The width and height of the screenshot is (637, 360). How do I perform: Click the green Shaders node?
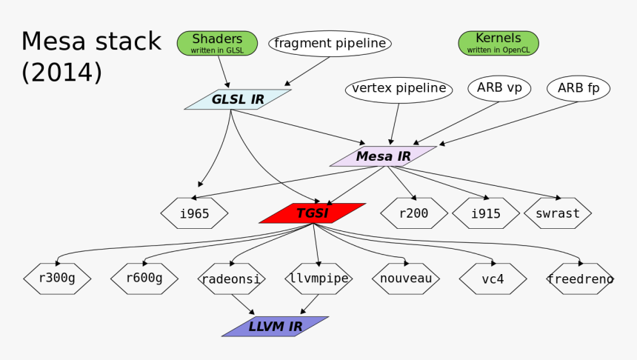pos(217,43)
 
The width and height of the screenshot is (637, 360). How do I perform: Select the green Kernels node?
pos(498,43)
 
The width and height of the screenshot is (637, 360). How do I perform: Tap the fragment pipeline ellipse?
pos(330,44)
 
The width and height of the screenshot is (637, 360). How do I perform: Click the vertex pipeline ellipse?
pos(398,90)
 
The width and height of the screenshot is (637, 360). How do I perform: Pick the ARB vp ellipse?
pos(499,89)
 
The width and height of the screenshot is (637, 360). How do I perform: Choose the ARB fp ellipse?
pos(578,89)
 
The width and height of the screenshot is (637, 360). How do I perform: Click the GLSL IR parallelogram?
pos(238,99)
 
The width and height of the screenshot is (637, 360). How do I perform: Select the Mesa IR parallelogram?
pos(383,156)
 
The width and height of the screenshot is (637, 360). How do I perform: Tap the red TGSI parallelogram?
pos(312,213)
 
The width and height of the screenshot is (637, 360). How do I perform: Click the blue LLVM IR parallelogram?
pos(275,327)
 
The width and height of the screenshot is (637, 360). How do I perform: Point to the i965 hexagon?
pos(194,213)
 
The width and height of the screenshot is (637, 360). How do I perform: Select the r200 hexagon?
pos(413,213)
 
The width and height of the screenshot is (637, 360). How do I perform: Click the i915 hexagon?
pos(485,213)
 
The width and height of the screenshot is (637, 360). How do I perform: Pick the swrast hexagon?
pos(557,213)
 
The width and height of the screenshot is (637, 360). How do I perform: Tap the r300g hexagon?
pos(56,279)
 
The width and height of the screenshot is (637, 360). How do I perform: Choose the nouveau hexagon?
pos(405,279)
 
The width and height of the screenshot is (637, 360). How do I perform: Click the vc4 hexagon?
pos(493,279)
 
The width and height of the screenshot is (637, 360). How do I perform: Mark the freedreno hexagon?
pos(580,279)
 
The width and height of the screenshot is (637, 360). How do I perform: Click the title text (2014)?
pos(61,73)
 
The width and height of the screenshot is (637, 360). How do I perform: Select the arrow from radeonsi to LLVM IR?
pos(243,304)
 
